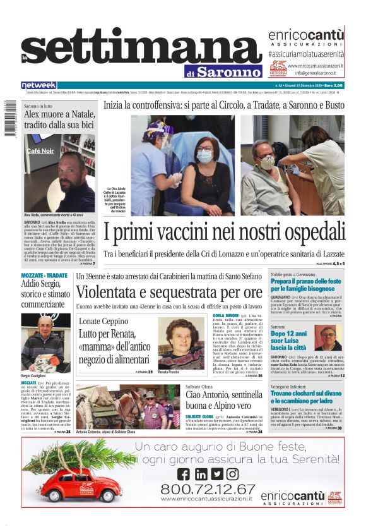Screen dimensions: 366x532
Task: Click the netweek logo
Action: pos(39,85)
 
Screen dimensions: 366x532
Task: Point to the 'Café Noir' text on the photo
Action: pos(40,151)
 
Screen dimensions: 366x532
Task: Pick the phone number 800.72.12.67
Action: pos(208,488)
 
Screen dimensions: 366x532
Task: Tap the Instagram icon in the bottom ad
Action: pos(232,474)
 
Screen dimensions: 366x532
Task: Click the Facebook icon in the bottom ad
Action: pos(184,474)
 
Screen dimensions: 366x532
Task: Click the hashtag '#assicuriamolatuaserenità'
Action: pos(305,54)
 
